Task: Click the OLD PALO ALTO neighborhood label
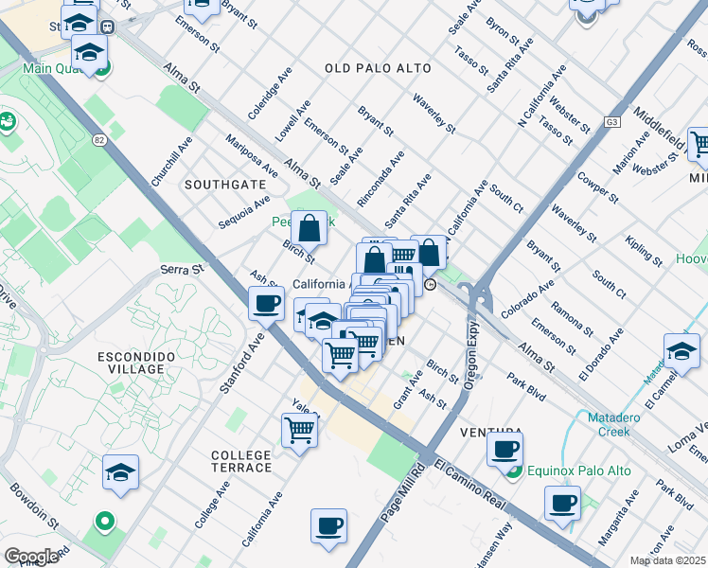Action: point(378,68)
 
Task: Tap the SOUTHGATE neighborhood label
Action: point(224,184)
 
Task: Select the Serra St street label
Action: point(184,269)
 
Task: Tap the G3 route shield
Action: point(612,122)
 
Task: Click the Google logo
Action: point(31,557)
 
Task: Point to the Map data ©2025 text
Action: point(667,560)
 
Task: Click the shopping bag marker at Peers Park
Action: point(310,228)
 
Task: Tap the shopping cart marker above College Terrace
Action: point(300,431)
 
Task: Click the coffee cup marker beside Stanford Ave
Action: point(266,303)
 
